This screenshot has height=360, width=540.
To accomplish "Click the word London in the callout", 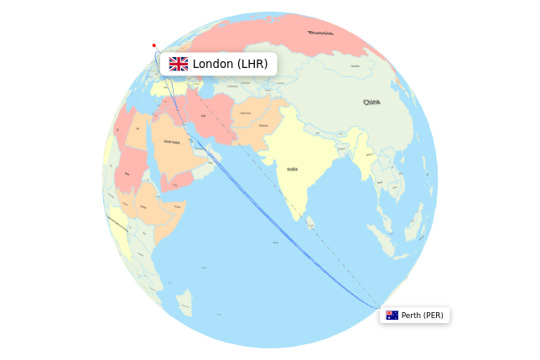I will coord(214,64).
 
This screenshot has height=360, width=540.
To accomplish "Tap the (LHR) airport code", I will coord(252,64).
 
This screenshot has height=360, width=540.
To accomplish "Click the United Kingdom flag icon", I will coord(178,64).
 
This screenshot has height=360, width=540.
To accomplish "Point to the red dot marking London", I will coord(153,45).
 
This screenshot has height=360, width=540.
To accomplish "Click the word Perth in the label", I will coord(411,316).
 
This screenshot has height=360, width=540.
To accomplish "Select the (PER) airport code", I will coord(433,316).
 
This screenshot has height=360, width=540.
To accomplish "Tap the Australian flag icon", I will coord(392,316).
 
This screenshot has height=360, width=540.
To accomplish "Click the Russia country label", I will coord(319,33).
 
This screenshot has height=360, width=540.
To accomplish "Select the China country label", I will coord(371,102).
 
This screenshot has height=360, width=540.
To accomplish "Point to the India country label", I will coord(292,169).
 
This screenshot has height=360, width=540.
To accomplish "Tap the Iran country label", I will coord(204,115).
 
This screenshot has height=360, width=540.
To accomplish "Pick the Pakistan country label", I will coord(263,126).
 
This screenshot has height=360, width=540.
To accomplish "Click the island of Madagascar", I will coord(184,300).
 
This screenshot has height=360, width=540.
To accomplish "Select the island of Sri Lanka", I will coord(311,222).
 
